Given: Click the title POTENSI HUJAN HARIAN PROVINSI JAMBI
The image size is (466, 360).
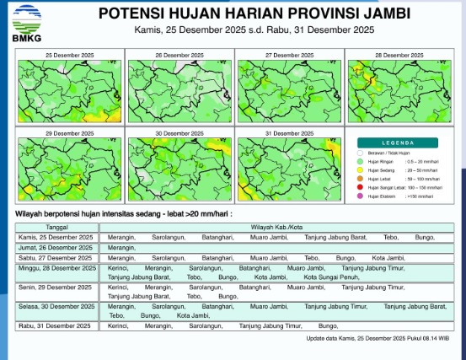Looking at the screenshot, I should [x=254, y=14].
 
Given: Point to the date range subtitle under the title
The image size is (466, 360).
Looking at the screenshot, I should [x=254, y=30].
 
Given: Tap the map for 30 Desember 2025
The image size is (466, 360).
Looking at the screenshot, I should [x=179, y=168].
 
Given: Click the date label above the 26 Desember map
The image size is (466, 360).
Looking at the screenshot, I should [x=179, y=54].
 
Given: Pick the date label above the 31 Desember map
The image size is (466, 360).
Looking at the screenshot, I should [x=289, y=133].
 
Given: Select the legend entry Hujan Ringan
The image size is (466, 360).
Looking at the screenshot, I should [x=396, y=160].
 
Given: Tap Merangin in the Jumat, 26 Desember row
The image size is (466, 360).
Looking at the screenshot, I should [x=122, y=248].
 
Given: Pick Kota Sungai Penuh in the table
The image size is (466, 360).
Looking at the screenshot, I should [x=327, y=277].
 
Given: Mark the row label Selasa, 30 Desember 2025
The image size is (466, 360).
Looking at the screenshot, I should [x=57, y=306].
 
